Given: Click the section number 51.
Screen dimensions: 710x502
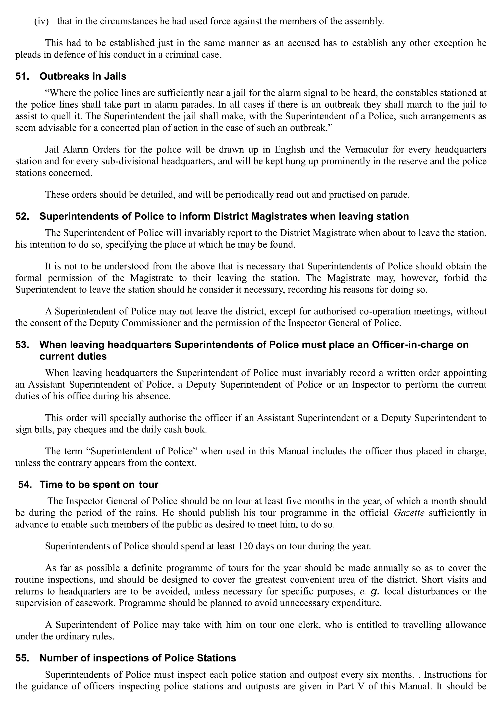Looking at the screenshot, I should pyautogui.click(x=22, y=76).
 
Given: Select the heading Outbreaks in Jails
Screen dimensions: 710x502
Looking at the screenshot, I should pyautogui.click(x=83, y=76).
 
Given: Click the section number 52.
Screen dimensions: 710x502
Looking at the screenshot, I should pyautogui.click(x=22, y=216).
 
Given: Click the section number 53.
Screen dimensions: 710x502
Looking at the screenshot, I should pyautogui.click(x=22, y=344).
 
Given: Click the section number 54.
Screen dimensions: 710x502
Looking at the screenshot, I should pyautogui.click(x=25, y=484).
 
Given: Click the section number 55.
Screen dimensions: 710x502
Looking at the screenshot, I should pyautogui.click(x=22, y=658).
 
